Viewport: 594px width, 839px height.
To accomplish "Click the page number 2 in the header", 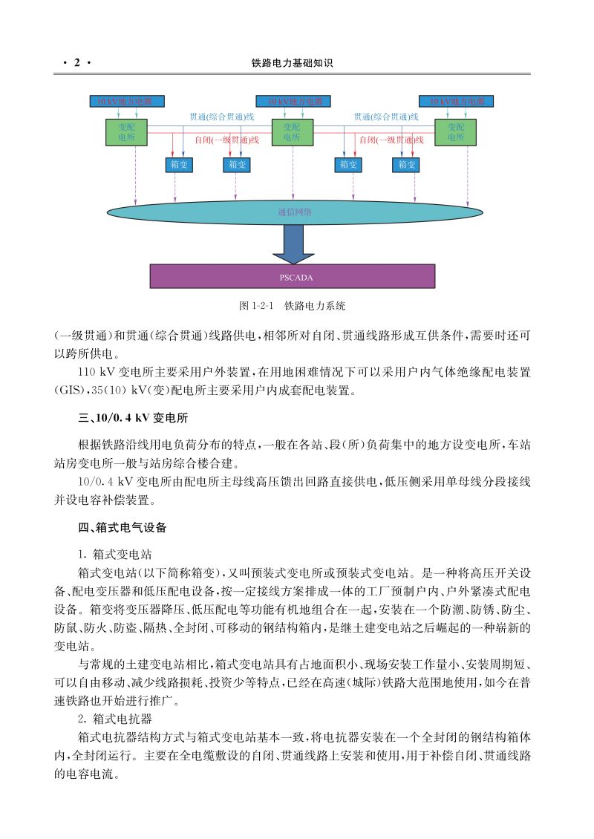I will [x=76, y=64].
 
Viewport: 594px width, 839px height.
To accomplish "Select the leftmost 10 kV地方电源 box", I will [x=127, y=101].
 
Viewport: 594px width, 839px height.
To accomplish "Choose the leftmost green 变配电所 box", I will [x=127, y=133].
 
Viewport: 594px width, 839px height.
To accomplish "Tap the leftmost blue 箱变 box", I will [x=178, y=165].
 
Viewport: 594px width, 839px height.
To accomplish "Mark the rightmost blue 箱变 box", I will [x=405, y=165].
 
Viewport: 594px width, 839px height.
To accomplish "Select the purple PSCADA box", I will [x=293, y=277].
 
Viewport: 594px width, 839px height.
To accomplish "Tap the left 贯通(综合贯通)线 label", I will [x=222, y=117].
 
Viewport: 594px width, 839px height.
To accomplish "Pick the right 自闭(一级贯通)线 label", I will [x=391, y=140].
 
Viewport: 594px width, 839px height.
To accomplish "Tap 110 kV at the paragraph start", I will [x=100, y=370].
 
